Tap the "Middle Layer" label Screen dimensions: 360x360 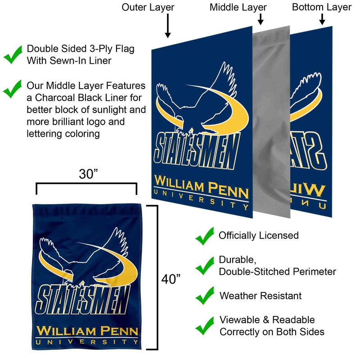coord(238,7)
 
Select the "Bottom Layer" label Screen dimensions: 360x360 coord(322,7)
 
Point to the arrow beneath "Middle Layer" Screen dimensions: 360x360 coord(260,19)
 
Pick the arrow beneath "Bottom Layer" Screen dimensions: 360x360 coord(322,19)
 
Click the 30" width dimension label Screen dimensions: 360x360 coord(86,174)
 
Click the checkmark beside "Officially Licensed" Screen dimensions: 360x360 coord(205,236)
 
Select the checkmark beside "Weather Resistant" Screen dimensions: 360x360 coord(205,296)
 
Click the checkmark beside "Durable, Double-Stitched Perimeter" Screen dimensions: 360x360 coord(205,265)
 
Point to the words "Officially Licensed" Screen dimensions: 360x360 coord(259,235)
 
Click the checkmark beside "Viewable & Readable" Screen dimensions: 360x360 coord(205,325)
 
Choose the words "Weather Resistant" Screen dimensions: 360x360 coord(261,296)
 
